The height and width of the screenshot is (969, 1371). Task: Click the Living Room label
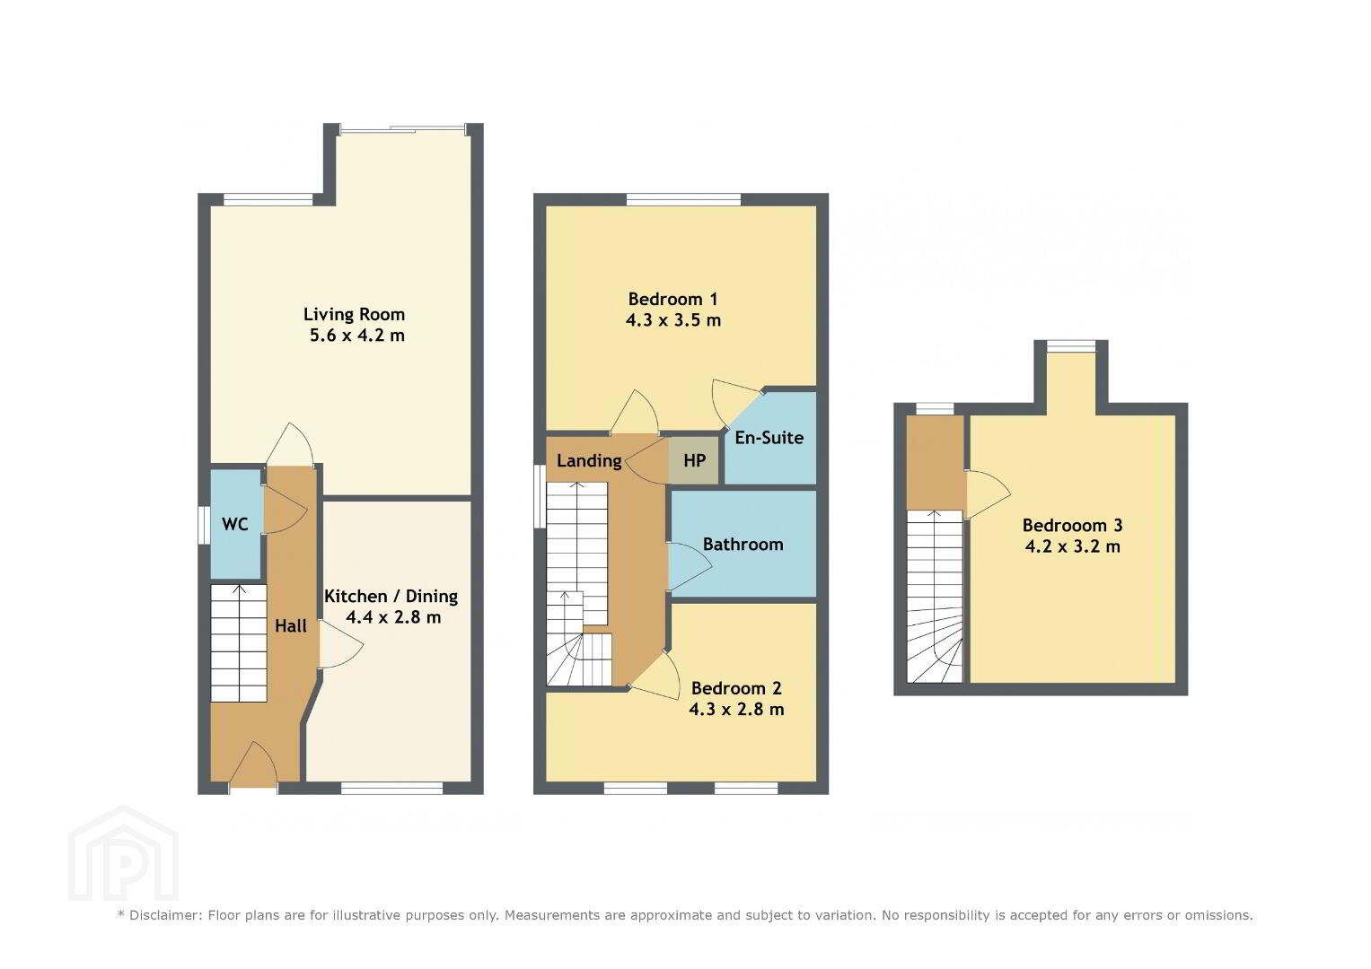click(355, 314)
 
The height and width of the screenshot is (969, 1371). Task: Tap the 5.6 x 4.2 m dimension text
click(357, 336)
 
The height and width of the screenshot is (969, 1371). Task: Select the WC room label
click(235, 524)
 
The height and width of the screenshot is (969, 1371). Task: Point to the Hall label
click(291, 626)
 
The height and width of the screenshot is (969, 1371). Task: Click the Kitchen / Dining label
click(391, 597)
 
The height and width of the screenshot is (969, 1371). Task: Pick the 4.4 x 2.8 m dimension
click(393, 617)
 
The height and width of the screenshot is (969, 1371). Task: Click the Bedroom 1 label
click(672, 299)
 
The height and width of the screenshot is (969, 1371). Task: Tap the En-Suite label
click(769, 438)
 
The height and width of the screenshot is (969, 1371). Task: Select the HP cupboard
click(693, 460)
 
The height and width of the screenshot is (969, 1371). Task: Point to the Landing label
click(589, 461)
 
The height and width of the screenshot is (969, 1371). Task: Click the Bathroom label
click(743, 545)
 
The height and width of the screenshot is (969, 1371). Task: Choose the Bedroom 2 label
click(737, 688)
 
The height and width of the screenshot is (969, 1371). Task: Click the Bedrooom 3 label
click(1073, 526)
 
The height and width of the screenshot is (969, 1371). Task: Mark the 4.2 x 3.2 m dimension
click(1073, 546)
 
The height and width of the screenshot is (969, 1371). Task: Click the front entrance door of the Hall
click(253, 764)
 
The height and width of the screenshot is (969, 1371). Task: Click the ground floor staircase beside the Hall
click(239, 643)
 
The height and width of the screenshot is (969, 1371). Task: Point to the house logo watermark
click(124, 852)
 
